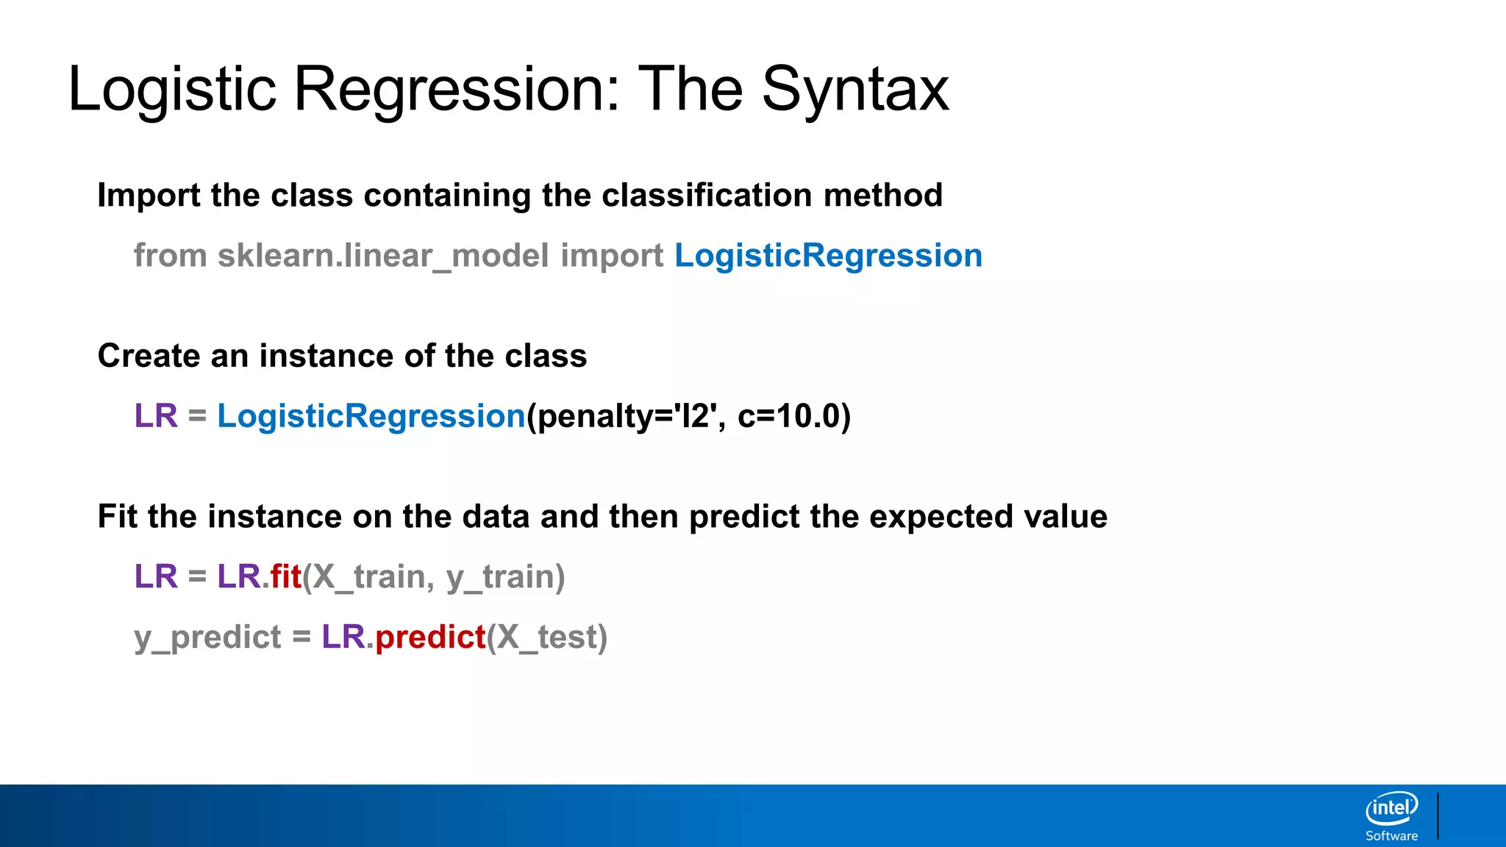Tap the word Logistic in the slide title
pyautogui.click(x=172, y=90)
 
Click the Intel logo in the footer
pyautogui.click(x=1391, y=809)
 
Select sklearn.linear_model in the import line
pyautogui.click(x=382, y=256)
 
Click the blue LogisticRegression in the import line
pyautogui.click(x=828, y=256)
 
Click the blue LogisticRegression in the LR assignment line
pyautogui.click(x=371, y=416)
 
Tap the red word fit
pyautogui.click(x=285, y=576)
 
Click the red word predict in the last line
pyautogui.click(x=430, y=637)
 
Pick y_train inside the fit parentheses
pyautogui.click(x=500, y=576)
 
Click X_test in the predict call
pyautogui.click(x=546, y=637)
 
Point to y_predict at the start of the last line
pyautogui.click(x=207, y=637)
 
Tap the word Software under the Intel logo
pyautogui.click(x=1391, y=836)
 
